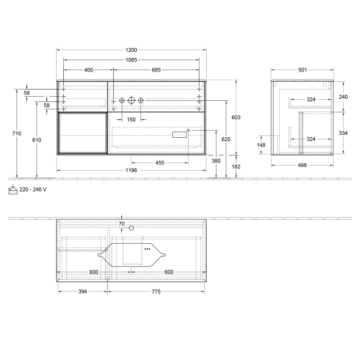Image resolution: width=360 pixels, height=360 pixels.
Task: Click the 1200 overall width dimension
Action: click(x=131, y=50)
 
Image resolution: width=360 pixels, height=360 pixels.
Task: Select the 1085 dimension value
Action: click(x=131, y=60)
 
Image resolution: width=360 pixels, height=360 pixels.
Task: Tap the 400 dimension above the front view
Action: click(x=88, y=70)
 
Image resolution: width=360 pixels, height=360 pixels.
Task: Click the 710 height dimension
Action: click(x=17, y=134)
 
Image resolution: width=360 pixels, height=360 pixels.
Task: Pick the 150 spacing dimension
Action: click(x=131, y=119)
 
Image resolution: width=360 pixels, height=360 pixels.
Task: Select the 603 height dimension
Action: click(x=236, y=118)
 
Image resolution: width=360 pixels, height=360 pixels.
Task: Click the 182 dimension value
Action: click(x=236, y=167)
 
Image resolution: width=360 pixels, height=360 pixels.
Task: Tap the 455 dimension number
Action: click(x=160, y=163)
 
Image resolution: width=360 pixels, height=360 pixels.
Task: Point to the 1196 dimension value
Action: click(x=131, y=170)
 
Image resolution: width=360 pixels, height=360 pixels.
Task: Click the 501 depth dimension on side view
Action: click(x=302, y=70)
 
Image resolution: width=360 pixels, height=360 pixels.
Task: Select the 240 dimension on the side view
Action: click(x=344, y=96)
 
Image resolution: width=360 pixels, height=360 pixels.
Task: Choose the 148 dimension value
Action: click(x=261, y=145)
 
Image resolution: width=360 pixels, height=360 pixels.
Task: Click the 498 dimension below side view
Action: click(x=302, y=165)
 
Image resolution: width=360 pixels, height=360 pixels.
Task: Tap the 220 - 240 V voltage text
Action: click(x=33, y=189)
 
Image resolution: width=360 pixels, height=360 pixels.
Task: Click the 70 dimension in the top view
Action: click(x=121, y=224)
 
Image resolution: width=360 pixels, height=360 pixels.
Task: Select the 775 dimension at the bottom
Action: click(x=156, y=292)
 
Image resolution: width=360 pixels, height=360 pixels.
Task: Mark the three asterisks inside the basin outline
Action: click(x=147, y=249)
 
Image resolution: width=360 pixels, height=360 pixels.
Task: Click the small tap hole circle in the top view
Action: click(x=131, y=228)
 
